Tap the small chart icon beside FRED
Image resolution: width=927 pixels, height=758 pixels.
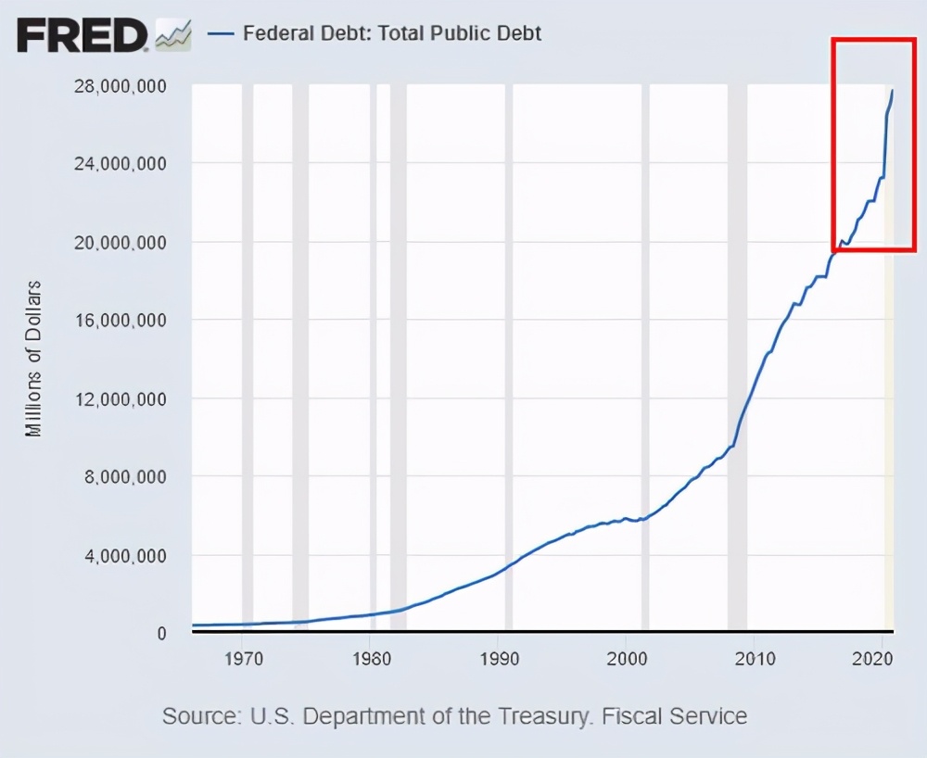173,34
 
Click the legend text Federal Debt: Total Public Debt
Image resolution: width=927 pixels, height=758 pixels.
392,33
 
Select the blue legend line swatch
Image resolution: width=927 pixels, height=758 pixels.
221,33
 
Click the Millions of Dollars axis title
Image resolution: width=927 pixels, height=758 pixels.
34,358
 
